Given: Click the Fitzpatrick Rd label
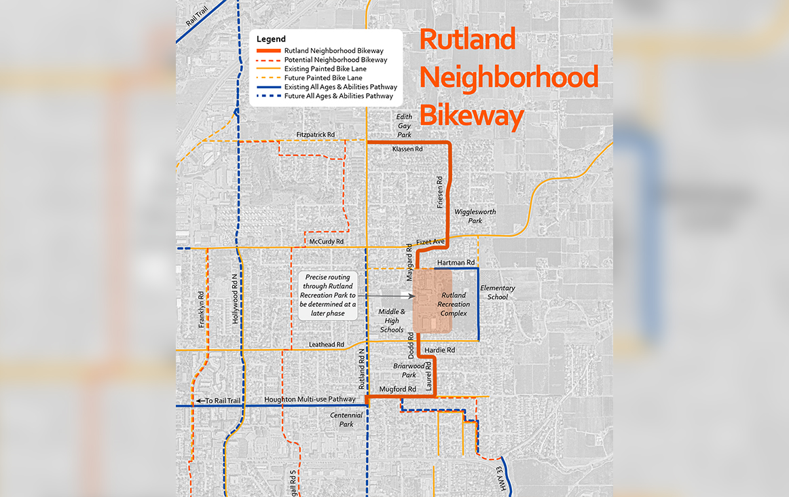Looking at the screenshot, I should [x=316, y=135].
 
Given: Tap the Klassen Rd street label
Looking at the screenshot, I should [x=407, y=149].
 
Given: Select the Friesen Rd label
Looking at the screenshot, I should [x=440, y=191].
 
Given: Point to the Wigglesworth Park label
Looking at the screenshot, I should [x=475, y=217].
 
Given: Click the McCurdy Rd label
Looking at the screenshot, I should [x=327, y=242].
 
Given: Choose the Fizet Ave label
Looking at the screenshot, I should [x=430, y=242].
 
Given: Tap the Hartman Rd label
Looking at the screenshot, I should [x=456, y=262].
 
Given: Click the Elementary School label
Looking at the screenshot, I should [x=498, y=292].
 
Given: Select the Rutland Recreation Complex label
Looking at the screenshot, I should [x=454, y=304].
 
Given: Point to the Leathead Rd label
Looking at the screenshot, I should [x=327, y=345].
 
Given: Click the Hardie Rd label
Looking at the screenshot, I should [x=439, y=350].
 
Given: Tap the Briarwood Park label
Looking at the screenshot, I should [x=409, y=370].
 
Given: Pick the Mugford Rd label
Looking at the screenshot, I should [x=397, y=390].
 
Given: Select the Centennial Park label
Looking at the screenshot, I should [x=346, y=420].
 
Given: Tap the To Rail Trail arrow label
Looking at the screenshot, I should [x=219, y=401].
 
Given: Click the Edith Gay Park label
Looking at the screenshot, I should [x=405, y=126].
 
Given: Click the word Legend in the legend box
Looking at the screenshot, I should [x=272, y=39].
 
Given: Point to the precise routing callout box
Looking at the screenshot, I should [x=328, y=295].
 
